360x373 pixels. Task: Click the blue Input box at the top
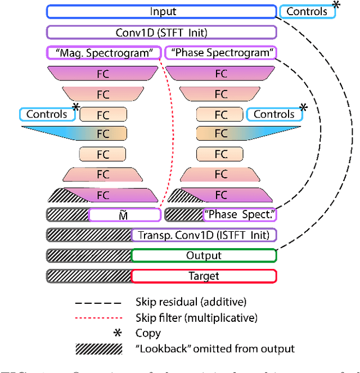(162, 11)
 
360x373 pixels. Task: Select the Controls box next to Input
(307, 11)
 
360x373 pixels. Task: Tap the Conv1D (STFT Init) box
(162, 32)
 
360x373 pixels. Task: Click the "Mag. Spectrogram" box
(104, 53)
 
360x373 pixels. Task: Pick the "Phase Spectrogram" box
(221, 53)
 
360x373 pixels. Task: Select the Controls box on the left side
(48, 114)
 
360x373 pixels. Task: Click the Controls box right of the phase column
(274, 114)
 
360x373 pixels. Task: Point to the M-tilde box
(124, 214)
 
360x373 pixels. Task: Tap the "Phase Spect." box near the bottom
(240, 214)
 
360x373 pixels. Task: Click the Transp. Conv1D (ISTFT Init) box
(203, 235)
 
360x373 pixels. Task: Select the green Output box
(204, 255)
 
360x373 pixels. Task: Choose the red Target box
(204, 276)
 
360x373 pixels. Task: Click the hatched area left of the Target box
(89, 276)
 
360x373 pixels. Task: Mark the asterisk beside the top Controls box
(336, 5)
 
